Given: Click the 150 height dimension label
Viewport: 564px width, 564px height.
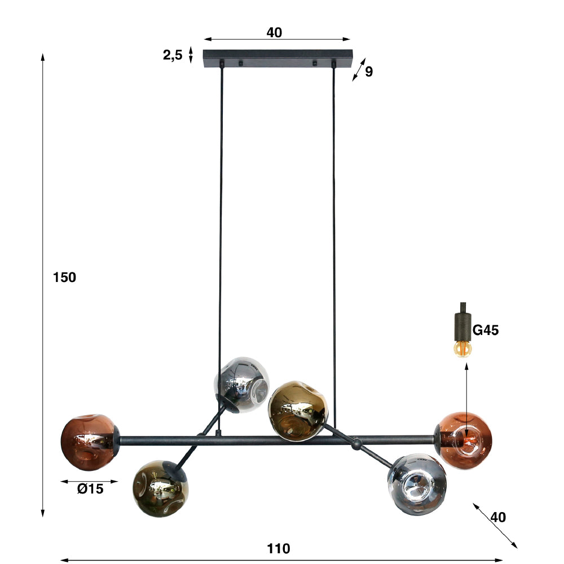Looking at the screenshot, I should point(64,277).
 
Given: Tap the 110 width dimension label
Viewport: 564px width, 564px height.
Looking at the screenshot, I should point(279,548).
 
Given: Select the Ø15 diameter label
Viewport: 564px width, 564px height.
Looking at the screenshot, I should point(90,490).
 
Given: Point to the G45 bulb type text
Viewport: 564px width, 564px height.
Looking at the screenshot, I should point(485,331).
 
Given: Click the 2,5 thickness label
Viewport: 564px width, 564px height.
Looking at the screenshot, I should point(173,55).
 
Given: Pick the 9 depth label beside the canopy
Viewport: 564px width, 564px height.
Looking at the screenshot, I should point(369,72).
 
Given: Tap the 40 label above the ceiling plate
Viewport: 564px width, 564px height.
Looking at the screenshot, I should point(274,33).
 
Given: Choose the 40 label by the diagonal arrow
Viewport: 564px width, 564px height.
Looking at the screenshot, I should point(498,517).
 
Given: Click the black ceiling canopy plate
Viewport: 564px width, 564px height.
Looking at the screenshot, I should point(277,58).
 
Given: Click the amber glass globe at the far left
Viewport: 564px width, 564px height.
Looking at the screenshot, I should point(89,443).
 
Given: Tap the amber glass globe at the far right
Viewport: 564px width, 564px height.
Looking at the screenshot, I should point(465,440).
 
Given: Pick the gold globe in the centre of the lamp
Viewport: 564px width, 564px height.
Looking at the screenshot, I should point(298,410).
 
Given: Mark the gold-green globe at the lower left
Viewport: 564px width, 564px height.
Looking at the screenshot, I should point(160,488).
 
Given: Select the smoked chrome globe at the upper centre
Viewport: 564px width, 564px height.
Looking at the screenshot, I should point(241,385).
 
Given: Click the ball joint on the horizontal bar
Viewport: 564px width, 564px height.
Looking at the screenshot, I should point(355,446).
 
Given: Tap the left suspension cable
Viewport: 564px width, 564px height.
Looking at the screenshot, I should point(221,226).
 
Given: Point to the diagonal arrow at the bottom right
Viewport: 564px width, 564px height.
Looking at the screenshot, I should point(495,525).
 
